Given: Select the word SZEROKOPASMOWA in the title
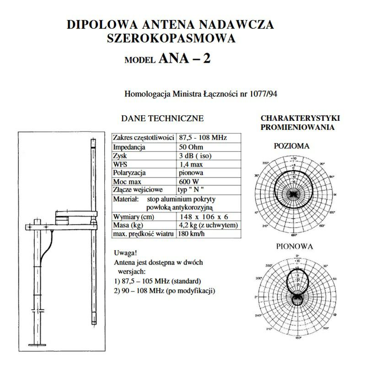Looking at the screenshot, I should point(171,38).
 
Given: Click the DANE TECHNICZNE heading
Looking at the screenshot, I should point(162,118).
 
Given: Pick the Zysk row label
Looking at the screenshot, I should point(121,156).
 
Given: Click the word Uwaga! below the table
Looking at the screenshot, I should point(124,253).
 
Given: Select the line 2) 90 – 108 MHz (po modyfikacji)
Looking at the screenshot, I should point(164,291).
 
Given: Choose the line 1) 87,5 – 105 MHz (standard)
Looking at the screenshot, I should point(158,280).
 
